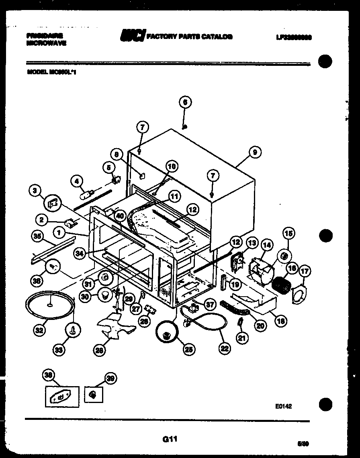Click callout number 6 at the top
click(x=185, y=102)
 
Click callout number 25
click(x=187, y=349)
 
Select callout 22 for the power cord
click(x=225, y=348)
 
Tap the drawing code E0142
click(x=283, y=406)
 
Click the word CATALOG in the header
click(x=217, y=37)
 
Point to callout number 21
click(x=241, y=338)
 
